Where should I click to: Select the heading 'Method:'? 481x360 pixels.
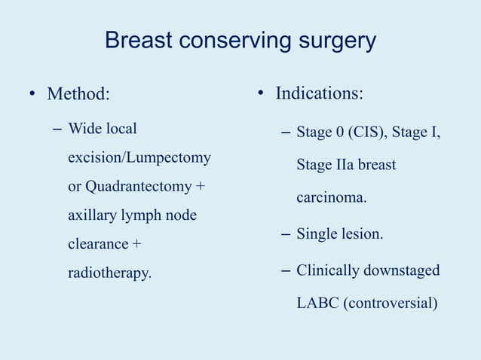[x=78, y=94]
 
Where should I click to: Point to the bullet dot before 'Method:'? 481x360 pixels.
[x=32, y=95]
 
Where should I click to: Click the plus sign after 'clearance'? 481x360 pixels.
[x=136, y=244]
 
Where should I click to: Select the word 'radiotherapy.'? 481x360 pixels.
[x=109, y=273]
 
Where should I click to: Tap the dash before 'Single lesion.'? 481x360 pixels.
[x=286, y=235]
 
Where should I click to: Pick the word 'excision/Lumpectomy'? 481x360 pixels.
[x=139, y=158]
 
